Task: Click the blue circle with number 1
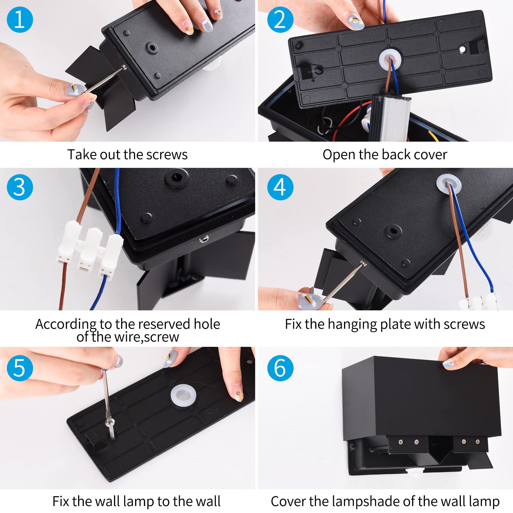coord(20,20)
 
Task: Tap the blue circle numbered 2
coord(280,20)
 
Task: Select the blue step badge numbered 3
coord(20,187)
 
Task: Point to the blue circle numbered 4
coord(280,187)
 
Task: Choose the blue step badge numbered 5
coord(20,368)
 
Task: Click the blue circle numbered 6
coord(280,368)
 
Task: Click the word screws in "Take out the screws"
coord(167,155)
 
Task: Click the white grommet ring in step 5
coord(183,396)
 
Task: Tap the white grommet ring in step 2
coord(390,60)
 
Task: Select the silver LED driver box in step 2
coord(390,118)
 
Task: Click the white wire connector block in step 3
coord(89,249)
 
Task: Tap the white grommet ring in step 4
coord(448,184)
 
